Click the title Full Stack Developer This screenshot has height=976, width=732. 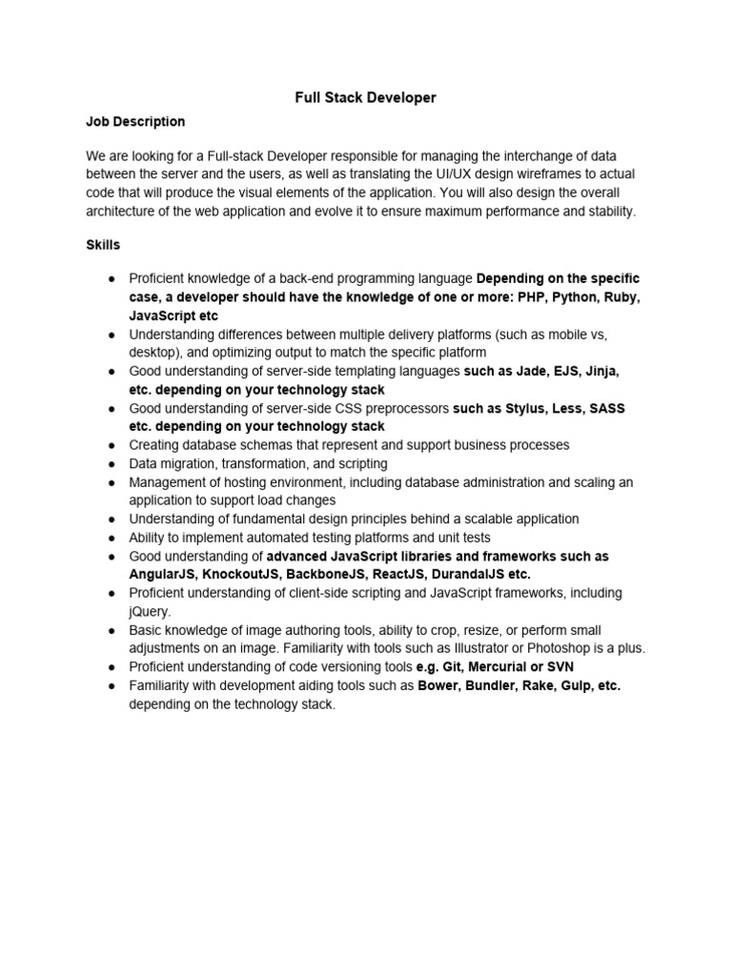click(x=365, y=97)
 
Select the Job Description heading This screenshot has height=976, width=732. click(x=135, y=122)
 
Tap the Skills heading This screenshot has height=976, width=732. click(x=103, y=245)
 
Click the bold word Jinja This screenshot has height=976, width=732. click(x=600, y=371)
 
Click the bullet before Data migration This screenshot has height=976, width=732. click(x=112, y=463)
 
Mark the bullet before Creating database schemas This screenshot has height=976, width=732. click(x=112, y=445)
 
